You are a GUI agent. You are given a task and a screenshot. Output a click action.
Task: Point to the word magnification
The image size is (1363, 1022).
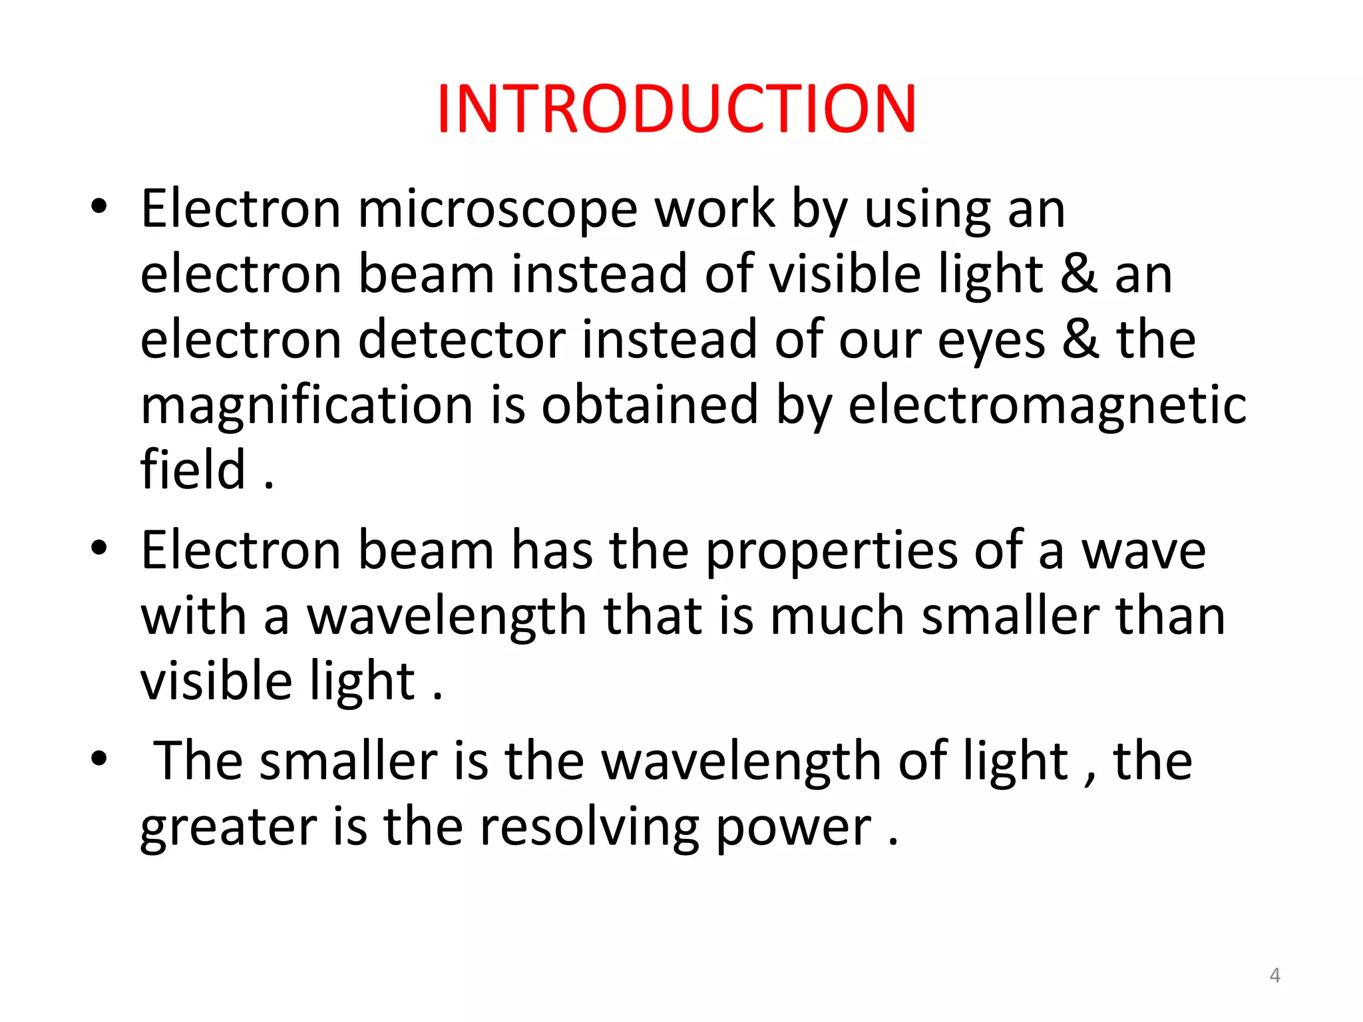point(307,406)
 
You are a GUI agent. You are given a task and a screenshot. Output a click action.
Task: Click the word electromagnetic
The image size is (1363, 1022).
point(1047,406)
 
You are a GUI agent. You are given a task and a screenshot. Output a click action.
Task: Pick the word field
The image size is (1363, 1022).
point(193,469)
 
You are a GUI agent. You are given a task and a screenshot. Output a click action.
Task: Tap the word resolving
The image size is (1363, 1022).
point(589,828)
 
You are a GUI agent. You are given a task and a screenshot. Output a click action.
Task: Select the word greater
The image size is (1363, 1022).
point(228,828)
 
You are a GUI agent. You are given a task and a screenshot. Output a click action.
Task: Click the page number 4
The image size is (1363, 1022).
point(1274,975)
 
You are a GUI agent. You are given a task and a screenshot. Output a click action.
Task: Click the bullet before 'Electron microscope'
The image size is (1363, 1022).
point(99,207)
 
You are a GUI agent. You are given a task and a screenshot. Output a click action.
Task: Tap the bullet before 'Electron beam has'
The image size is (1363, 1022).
point(99,548)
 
